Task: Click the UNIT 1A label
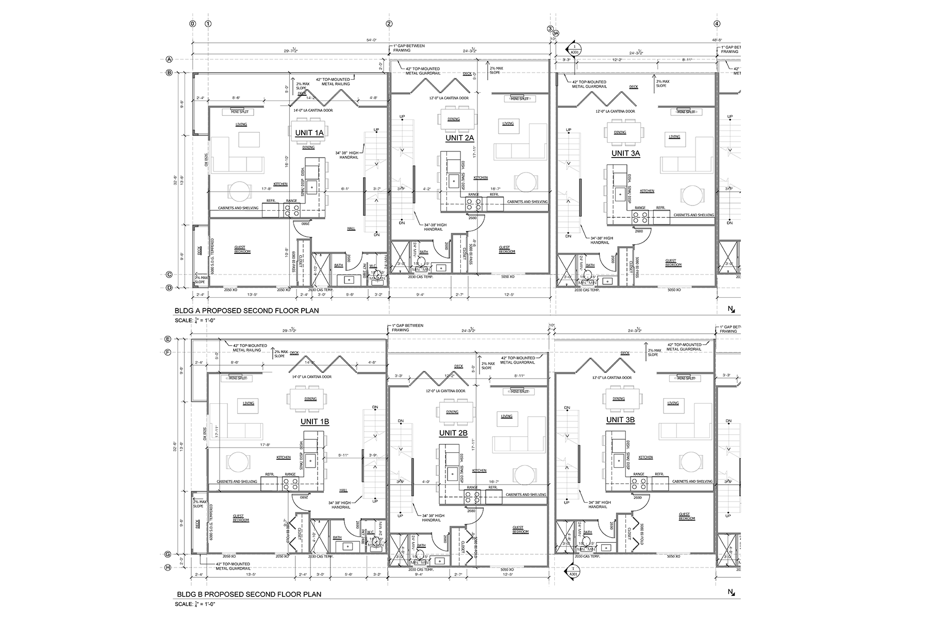(x=309, y=133)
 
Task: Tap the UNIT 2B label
(x=453, y=433)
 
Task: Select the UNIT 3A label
(x=626, y=153)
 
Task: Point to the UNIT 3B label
(x=620, y=420)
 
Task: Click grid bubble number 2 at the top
(x=389, y=24)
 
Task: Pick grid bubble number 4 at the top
(x=717, y=24)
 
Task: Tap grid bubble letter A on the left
(x=169, y=59)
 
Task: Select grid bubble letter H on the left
(x=168, y=568)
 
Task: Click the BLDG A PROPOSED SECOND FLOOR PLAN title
(x=246, y=311)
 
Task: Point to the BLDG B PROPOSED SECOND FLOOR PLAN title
(x=247, y=594)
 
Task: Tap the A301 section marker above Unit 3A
(x=574, y=49)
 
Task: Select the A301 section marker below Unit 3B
(x=572, y=572)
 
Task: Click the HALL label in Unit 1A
(x=351, y=228)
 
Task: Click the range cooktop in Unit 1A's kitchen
(x=292, y=210)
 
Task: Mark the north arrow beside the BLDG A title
(x=731, y=309)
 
